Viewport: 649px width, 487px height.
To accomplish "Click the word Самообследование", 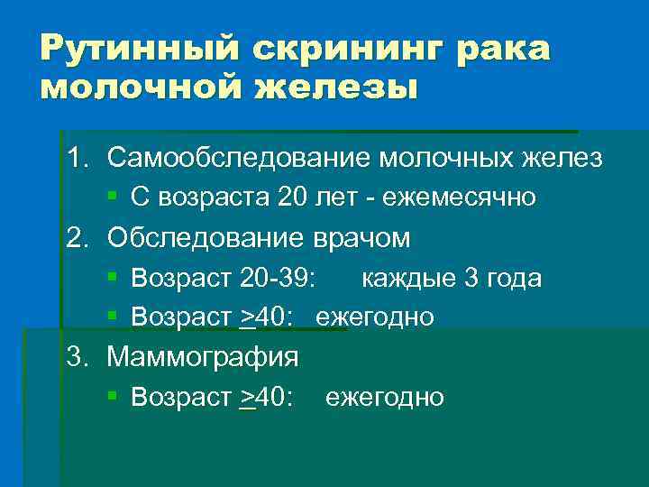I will coord(237,158).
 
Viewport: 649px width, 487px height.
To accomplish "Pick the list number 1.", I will coord(74,158).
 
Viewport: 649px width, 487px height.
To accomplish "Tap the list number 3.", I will coord(74,356).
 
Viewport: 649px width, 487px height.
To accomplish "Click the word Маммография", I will coord(203,356).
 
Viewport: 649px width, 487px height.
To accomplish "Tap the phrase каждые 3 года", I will coord(452,278).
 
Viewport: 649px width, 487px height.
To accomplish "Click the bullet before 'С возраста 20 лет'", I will coord(113,196).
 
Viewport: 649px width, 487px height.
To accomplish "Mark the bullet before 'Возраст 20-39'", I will coord(113,277).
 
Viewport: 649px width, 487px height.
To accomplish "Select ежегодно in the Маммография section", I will coord(384,397).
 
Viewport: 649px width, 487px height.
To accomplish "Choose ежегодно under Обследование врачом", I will coord(374,317).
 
